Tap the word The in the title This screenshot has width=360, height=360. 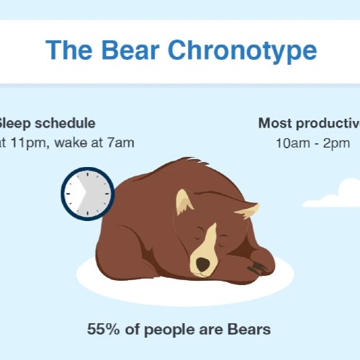click(x=69, y=50)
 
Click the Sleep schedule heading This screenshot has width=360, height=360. click(x=46, y=123)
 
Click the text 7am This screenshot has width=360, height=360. click(x=120, y=142)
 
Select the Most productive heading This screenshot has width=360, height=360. click(x=310, y=123)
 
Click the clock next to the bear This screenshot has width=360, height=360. click(x=88, y=194)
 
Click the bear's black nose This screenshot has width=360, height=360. click(x=204, y=265)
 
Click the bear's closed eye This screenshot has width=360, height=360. click(x=198, y=237)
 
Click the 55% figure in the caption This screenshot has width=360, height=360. click(x=102, y=330)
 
